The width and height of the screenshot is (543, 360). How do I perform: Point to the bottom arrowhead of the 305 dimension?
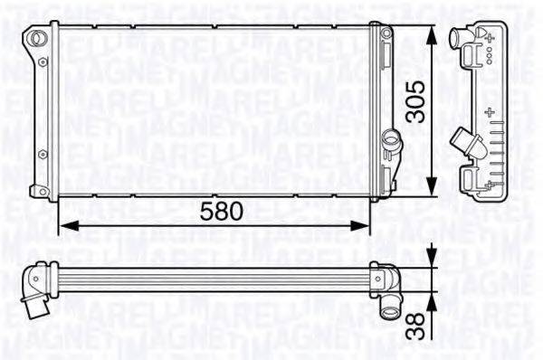coord(433,188)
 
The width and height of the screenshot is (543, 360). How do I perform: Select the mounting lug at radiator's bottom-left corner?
coord(38,190)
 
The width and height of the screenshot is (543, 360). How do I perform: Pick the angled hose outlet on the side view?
coord(465,143)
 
